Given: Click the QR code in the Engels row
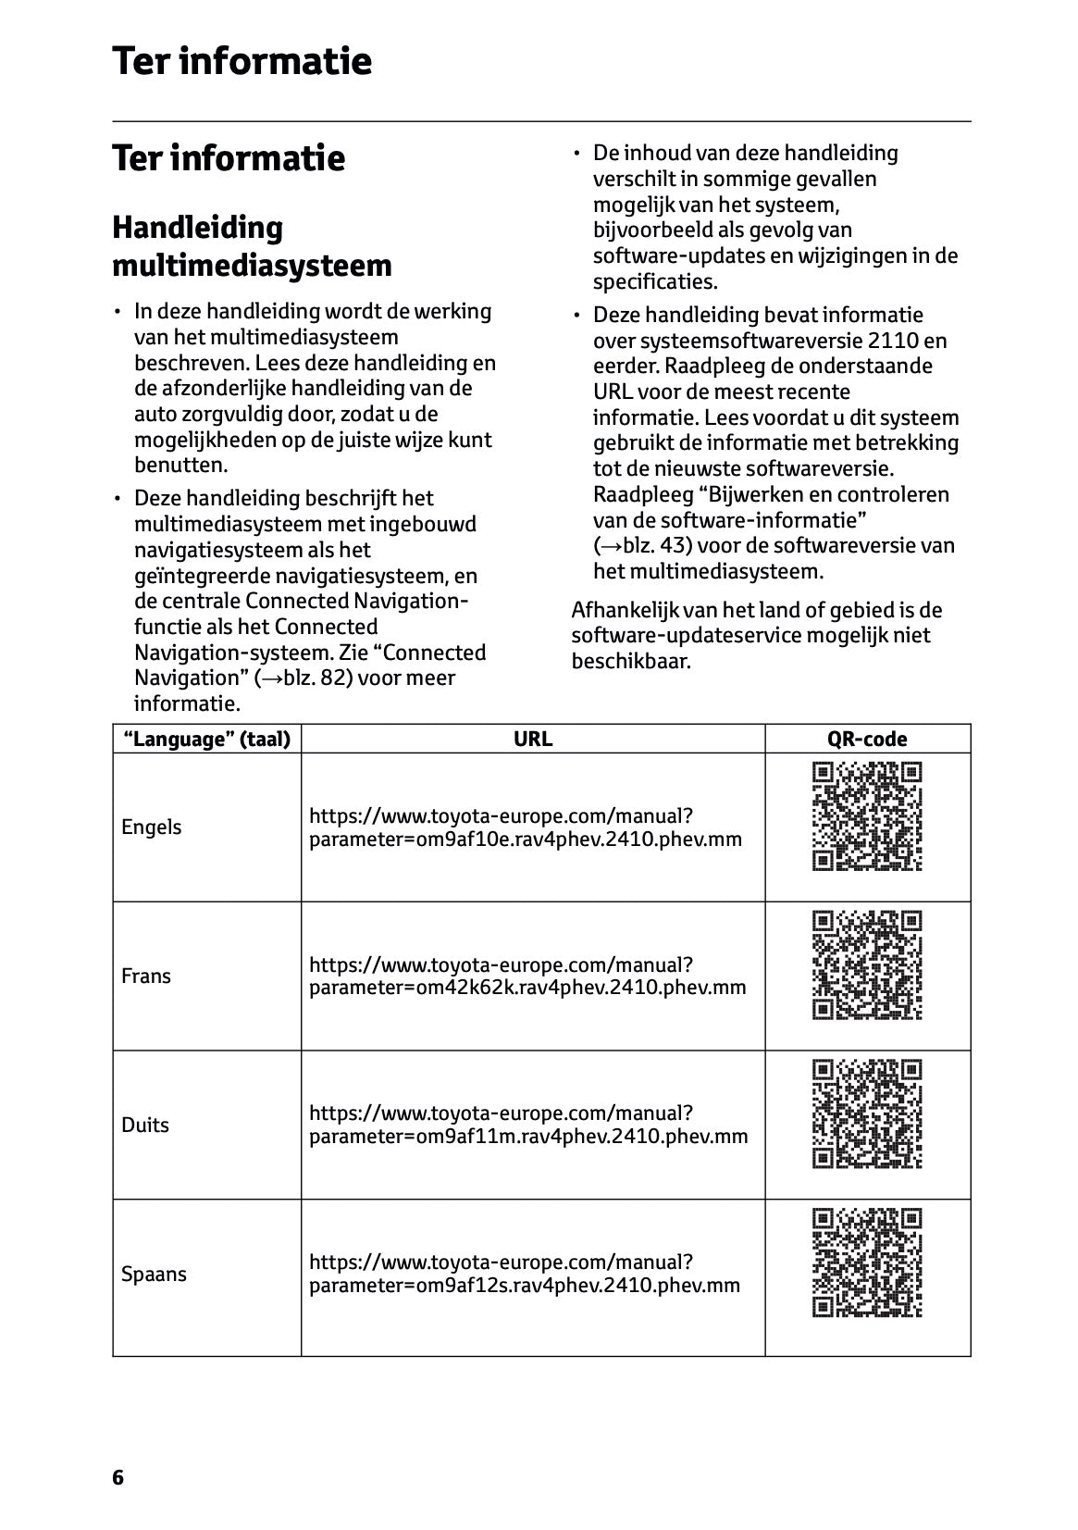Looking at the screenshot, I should click(x=867, y=816).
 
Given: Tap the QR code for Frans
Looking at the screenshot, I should click(x=867, y=965).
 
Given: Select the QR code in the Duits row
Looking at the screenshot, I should click(x=867, y=1114).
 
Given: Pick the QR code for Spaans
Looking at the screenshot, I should click(x=867, y=1263).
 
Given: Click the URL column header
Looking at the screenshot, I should click(x=533, y=739).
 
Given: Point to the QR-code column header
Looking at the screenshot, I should click(x=867, y=739).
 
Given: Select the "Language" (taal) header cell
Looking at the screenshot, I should click(x=206, y=739).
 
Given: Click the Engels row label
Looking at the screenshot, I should click(x=152, y=827).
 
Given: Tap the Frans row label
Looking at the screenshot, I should click(x=146, y=976).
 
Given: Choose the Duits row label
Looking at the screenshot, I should click(x=145, y=1125).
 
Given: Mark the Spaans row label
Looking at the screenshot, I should click(x=154, y=1274).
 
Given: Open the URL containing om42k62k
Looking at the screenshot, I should click(x=527, y=976).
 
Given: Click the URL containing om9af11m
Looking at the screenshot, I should click(x=528, y=1125).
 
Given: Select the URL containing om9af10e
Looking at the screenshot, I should click(x=526, y=827).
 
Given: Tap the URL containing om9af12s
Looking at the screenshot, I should click(x=525, y=1274).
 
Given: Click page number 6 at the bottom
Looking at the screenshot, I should click(x=118, y=1477).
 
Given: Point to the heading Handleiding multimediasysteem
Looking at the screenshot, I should click(x=252, y=246).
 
